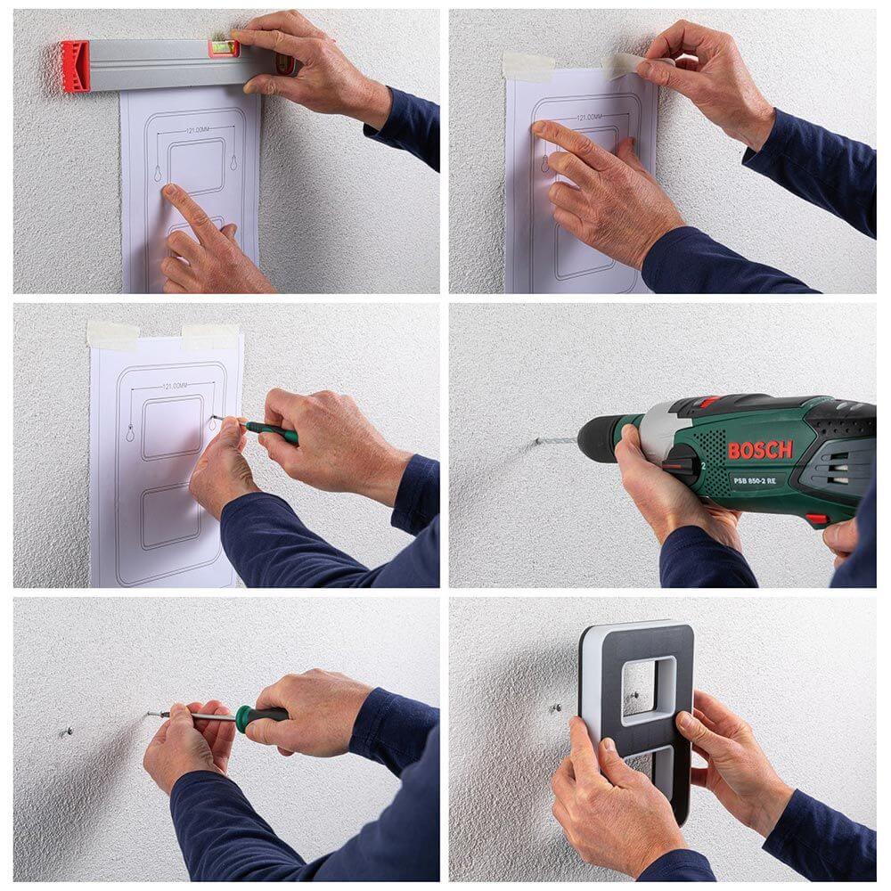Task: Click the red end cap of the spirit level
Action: tap(75, 67)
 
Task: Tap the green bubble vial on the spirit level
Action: tap(224, 48)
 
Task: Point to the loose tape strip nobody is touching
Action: tap(527, 66)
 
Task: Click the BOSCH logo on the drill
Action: tap(759, 450)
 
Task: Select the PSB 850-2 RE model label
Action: tap(754, 479)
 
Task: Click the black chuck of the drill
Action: tap(595, 437)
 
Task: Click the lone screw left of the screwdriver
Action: tap(68, 732)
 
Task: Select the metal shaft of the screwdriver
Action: tap(205, 715)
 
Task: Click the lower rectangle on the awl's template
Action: tap(170, 516)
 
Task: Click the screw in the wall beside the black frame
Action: tap(555, 707)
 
